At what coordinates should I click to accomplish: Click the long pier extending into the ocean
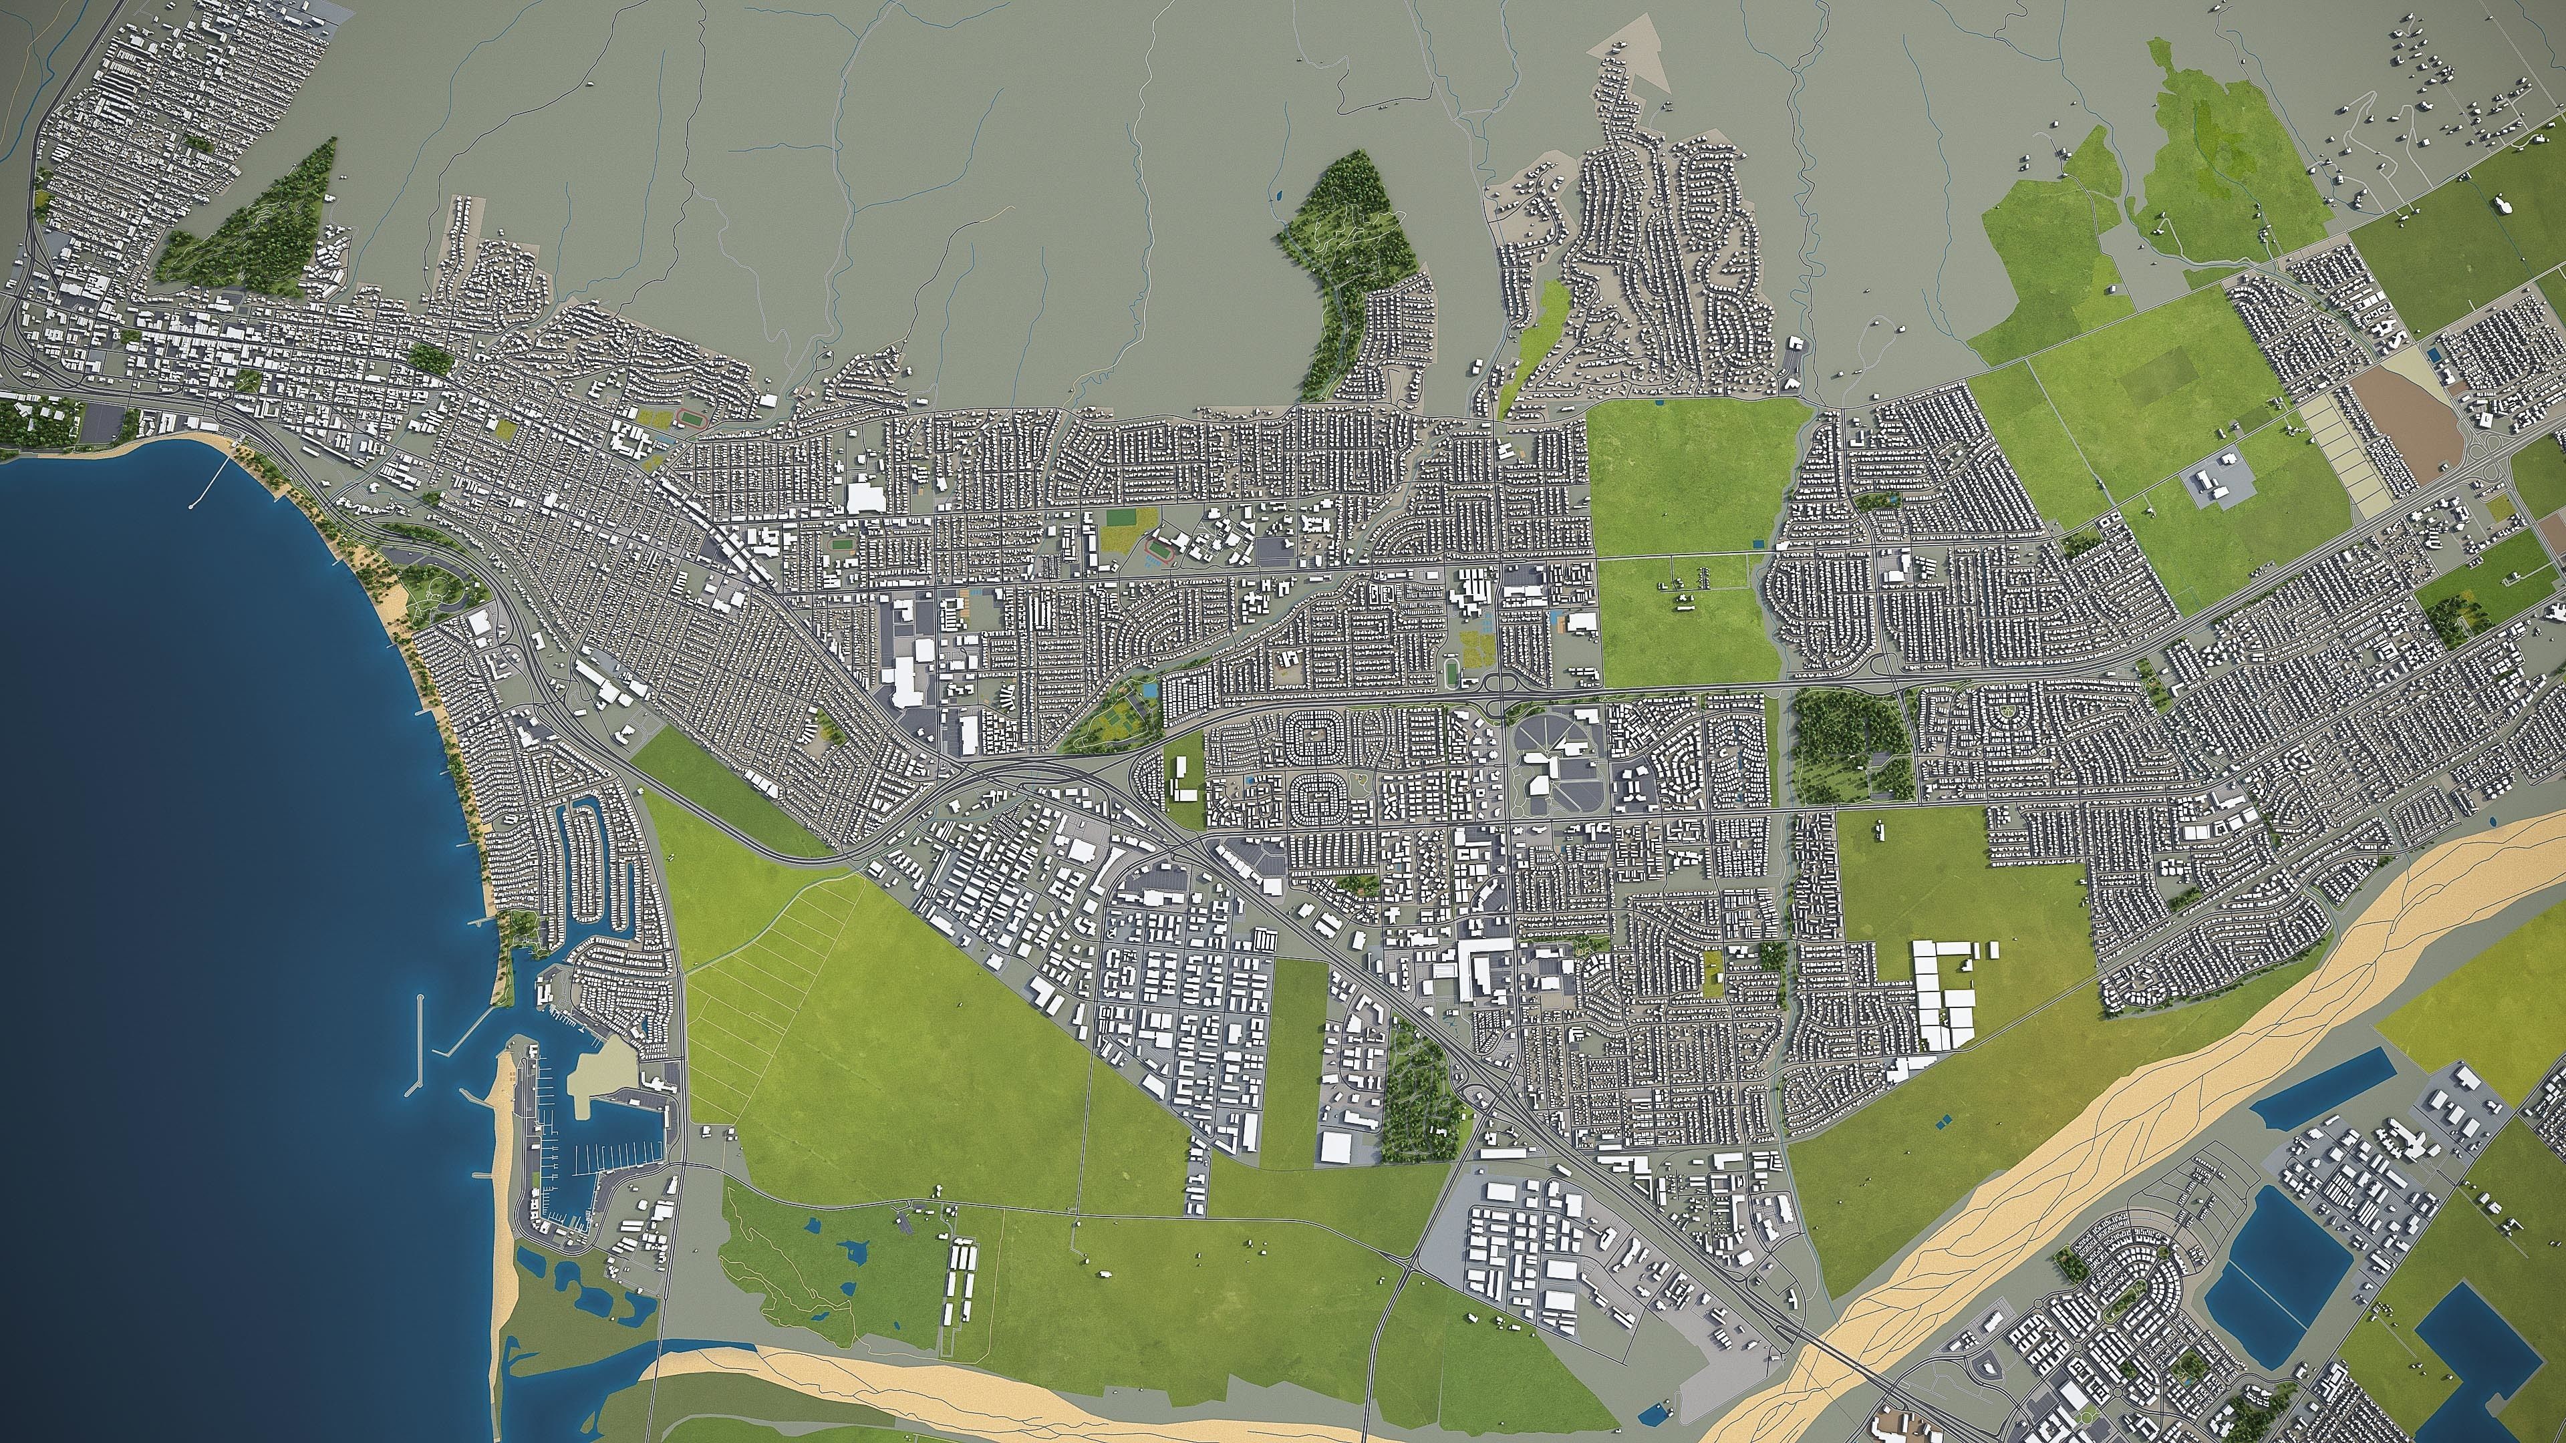point(204,491)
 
